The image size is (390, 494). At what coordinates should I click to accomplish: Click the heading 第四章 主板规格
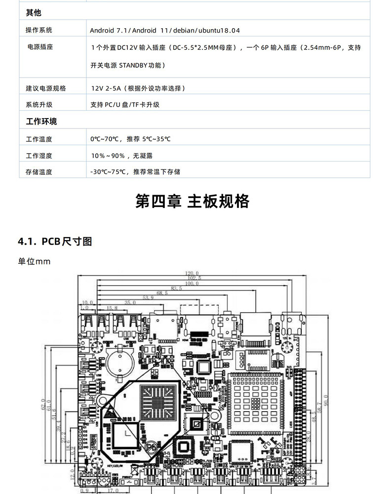point(193,202)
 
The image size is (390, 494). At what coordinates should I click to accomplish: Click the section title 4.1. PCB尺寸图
point(55,242)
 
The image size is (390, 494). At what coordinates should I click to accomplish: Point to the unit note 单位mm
point(34,261)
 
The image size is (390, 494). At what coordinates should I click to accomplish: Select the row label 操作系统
point(39,30)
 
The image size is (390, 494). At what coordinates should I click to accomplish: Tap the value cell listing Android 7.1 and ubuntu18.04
point(165,30)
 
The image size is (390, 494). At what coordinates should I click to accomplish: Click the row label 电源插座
point(40,47)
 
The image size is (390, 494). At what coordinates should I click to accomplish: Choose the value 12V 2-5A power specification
point(138,88)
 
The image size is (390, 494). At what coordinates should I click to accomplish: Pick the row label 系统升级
point(39,105)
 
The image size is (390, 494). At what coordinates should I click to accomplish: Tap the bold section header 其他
point(34,12)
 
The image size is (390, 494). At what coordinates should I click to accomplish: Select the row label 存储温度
point(39,172)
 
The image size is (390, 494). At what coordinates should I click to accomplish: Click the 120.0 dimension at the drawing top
point(192,273)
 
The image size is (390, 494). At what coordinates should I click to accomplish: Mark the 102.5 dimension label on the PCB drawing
point(193,278)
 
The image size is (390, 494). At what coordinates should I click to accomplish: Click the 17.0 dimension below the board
point(113,491)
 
